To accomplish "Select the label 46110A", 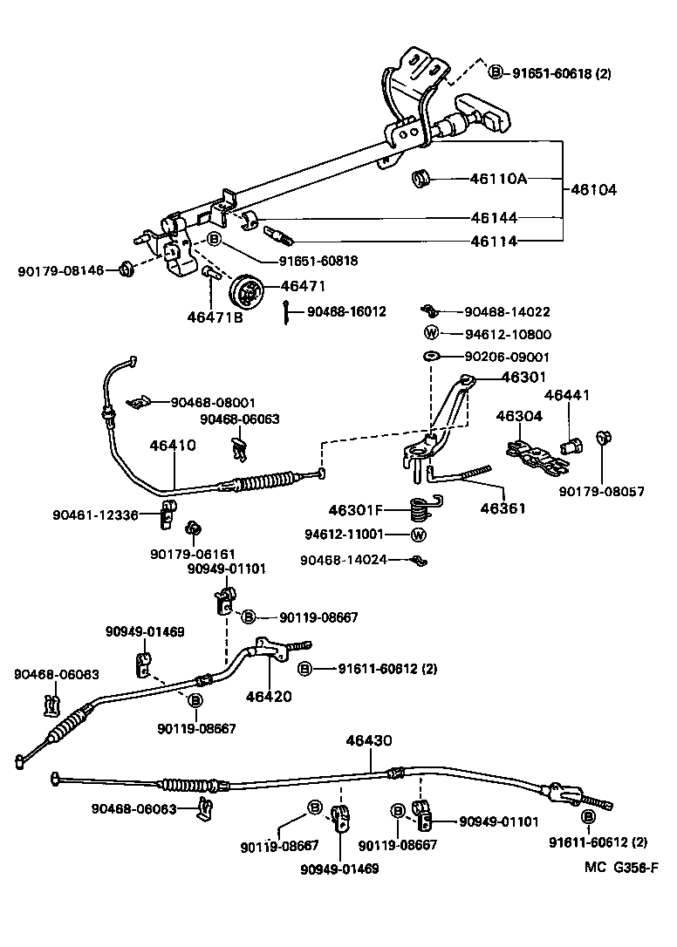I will tap(498, 180).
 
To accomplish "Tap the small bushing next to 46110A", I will tap(422, 180).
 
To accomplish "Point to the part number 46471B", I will tap(215, 318).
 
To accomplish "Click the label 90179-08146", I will tap(60, 271).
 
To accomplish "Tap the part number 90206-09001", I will tap(508, 357).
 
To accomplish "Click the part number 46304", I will tap(519, 417).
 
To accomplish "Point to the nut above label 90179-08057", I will tap(601, 438).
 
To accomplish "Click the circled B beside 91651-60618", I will tap(496, 73).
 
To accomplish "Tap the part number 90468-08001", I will tap(213, 402).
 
